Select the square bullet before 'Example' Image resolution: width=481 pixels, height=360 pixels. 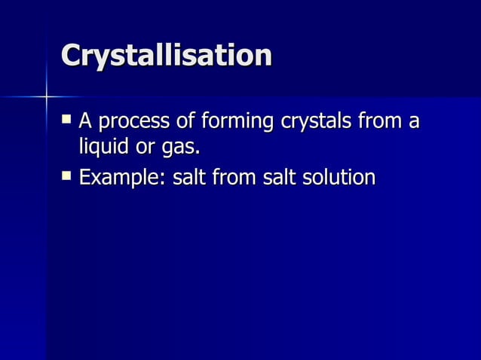(68, 176)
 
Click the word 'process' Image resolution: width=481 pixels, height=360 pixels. (131, 122)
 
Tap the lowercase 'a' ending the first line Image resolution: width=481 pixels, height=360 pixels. (412, 122)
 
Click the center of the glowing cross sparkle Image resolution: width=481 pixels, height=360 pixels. (47, 96)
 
